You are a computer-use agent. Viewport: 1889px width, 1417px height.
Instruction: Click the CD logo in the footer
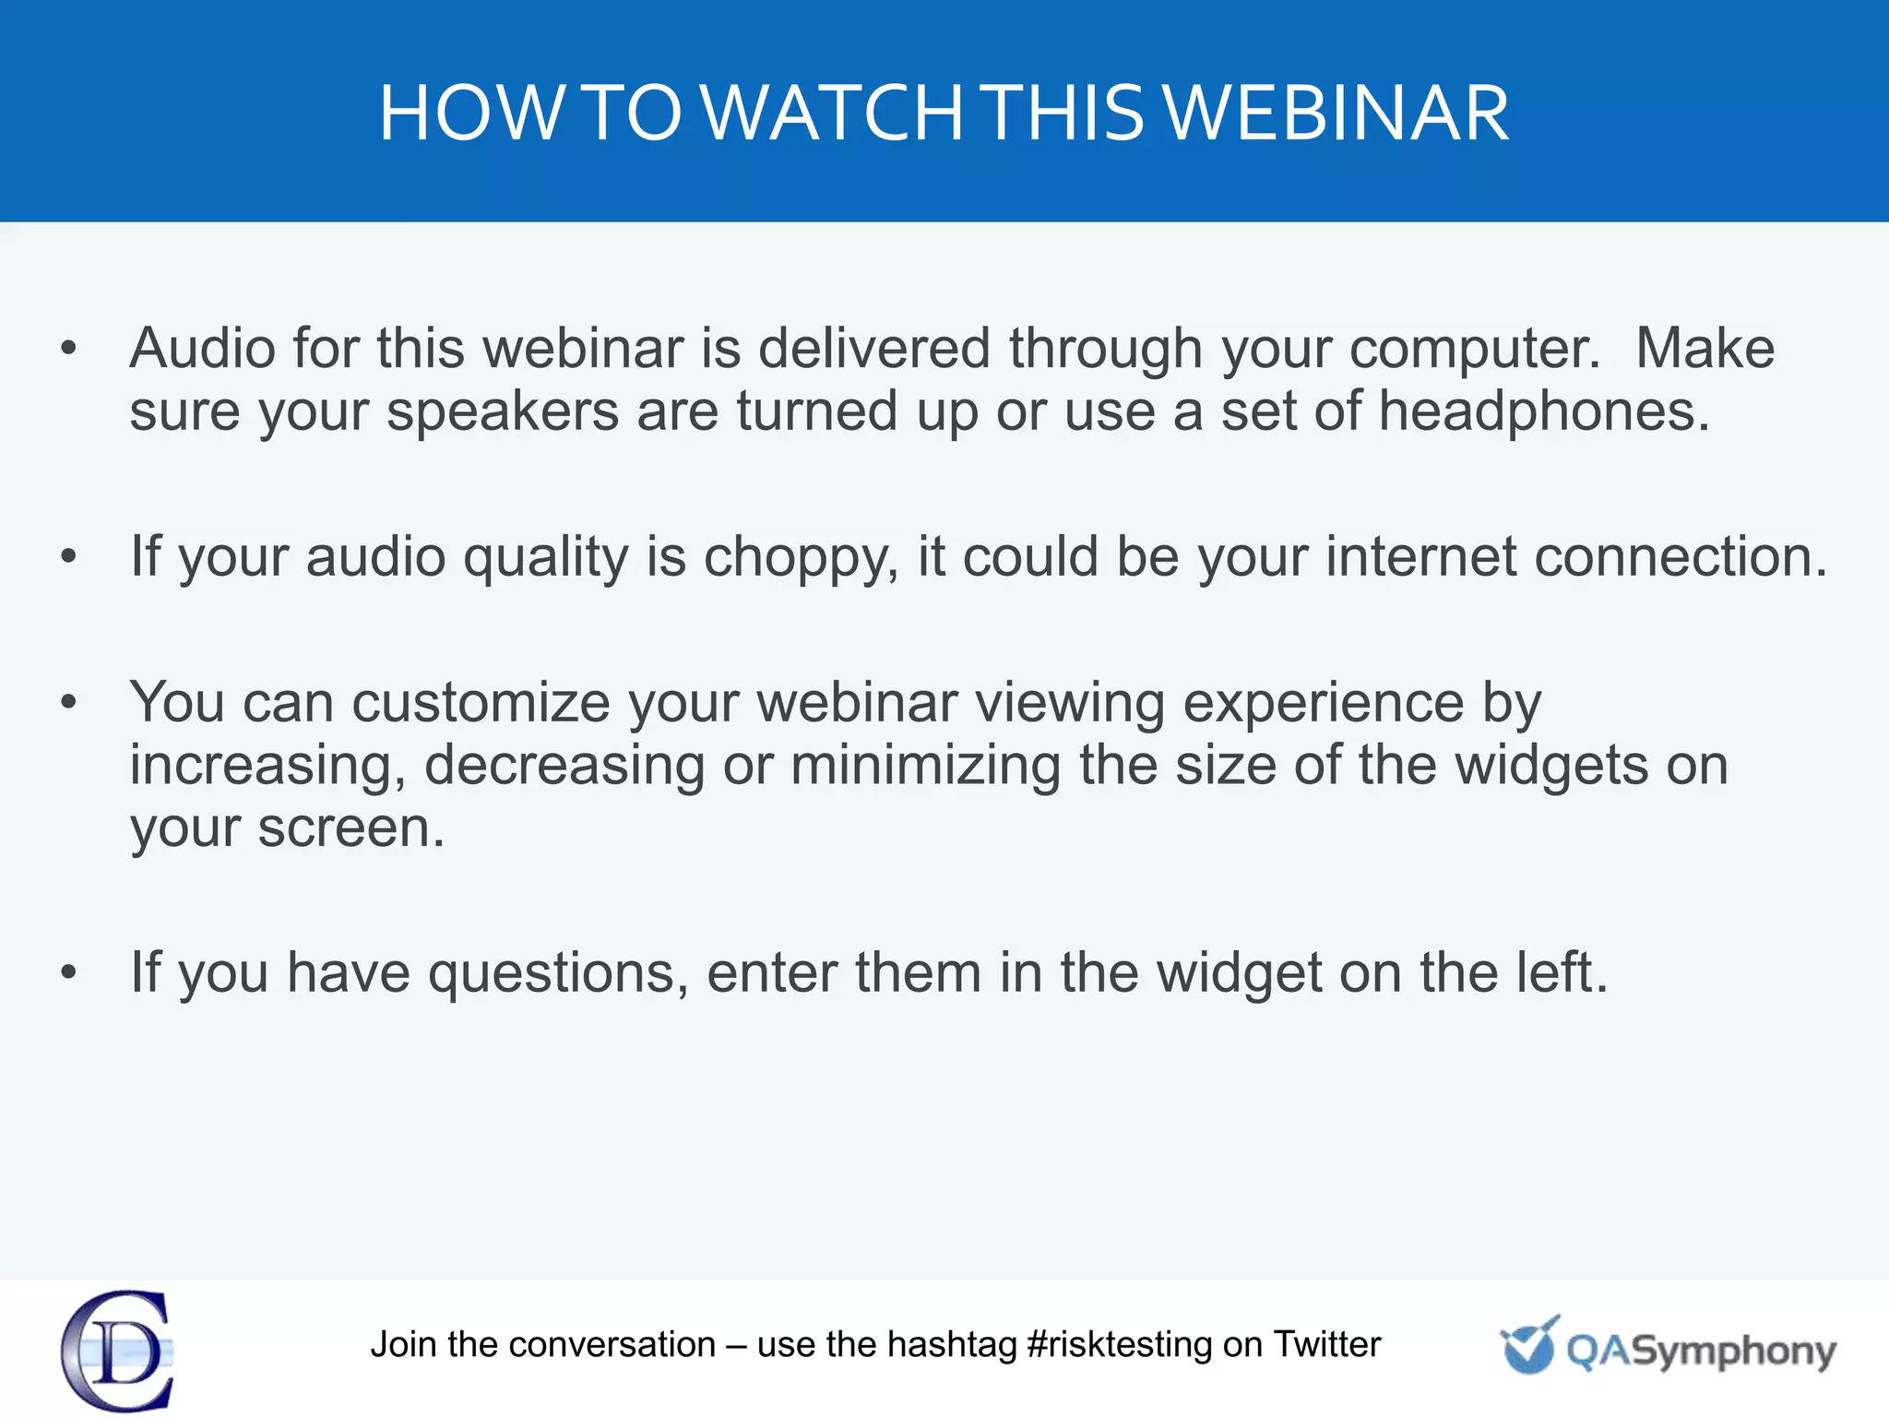118,1351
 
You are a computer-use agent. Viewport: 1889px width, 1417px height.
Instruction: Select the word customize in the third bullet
481,703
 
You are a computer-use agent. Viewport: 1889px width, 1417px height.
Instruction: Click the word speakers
503,411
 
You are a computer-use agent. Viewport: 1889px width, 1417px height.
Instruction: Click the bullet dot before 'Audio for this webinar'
68,349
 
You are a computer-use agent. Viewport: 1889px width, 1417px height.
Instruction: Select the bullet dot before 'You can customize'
68,703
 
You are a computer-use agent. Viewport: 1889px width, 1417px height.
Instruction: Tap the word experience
1323,703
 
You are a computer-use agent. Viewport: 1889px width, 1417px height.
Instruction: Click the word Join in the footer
403,1345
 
